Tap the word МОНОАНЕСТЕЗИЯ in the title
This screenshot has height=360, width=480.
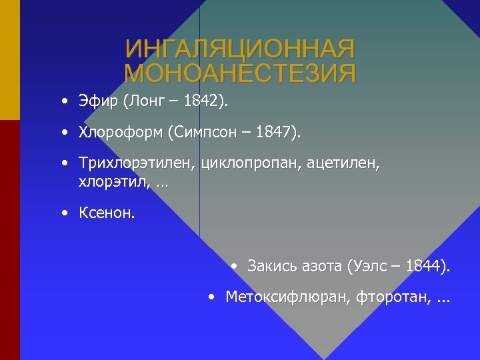(240, 73)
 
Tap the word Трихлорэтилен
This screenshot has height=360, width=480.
(137, 163)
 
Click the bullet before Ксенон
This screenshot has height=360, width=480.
(63, 213)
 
